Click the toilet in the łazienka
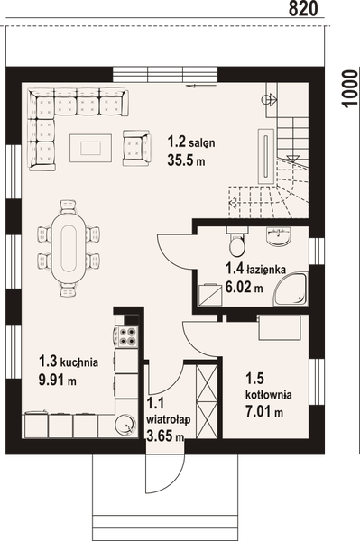[236, 243]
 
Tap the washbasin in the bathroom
[279, 236]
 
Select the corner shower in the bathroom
[291, 288]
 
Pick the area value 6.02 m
[244, 289]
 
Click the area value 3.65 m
[165, 436]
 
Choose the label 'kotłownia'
[265, 395]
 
